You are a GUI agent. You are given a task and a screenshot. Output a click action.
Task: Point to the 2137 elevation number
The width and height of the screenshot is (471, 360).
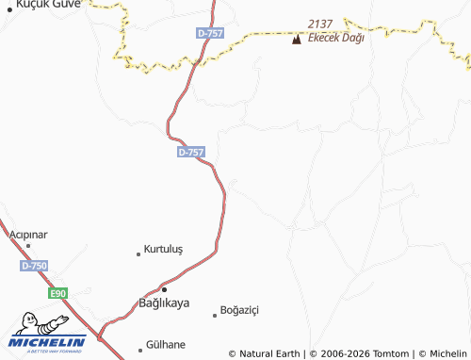click(x=321, y=23)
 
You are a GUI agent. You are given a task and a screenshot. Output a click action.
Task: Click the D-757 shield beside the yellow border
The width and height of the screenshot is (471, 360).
click(x=209, y=33)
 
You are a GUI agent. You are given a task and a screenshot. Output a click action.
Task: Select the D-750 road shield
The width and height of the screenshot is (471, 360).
click(x=33, y=267)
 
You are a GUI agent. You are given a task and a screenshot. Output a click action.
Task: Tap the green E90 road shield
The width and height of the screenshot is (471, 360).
click(x=58, y=294)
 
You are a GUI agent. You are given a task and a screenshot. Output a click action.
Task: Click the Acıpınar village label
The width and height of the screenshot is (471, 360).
click(x=27, y=234)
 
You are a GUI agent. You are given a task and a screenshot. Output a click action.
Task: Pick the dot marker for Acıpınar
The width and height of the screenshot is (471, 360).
click(x=28, y=246)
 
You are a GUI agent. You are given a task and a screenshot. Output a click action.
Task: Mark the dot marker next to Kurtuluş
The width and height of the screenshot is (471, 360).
click(x=138, y=252)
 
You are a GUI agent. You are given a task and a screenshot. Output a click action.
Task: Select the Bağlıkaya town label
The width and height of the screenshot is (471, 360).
click(x=164, y=303)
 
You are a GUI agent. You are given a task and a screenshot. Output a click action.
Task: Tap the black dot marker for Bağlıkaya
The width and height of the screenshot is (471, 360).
click(x=164, y=288)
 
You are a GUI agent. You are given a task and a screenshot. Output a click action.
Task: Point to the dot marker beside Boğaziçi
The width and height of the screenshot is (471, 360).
click(x=214, y=315)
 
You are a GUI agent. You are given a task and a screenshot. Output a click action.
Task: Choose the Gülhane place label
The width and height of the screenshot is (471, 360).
click(x=166, y=345)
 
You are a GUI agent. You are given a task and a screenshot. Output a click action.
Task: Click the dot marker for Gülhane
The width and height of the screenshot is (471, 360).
click(x=140, y=346)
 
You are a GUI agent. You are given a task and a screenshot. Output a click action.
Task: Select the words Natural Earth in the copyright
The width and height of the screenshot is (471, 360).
click(x=270, y=353)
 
